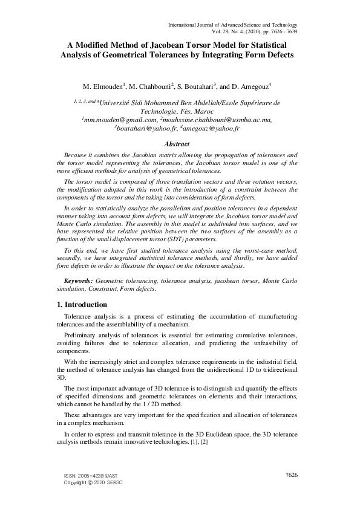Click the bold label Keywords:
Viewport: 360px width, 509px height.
[79, 281]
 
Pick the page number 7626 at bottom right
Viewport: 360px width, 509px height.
[291, 476]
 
